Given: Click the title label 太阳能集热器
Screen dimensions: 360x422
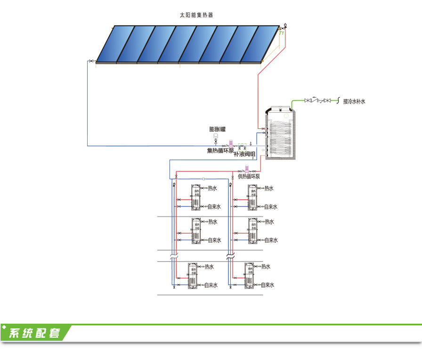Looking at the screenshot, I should (x=196, y=15).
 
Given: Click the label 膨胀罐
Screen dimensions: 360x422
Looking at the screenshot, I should (x=218, y=129).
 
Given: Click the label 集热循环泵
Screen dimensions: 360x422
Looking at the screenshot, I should (x=220, y=151).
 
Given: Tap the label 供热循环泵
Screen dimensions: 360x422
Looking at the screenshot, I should (x=249, y=176).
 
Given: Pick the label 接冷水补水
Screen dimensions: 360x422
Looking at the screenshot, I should (x=354, y=101).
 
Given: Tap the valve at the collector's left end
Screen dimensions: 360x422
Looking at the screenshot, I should (x=90, y=61).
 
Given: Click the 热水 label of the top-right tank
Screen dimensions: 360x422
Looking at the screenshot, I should (x=269, y=188).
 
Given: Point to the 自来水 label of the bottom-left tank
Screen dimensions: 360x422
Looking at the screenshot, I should (x=211, y=285).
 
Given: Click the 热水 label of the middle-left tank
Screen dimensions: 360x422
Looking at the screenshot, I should (x=212, y=222).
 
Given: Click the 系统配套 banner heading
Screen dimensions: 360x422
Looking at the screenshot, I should (x=36, y=333).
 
